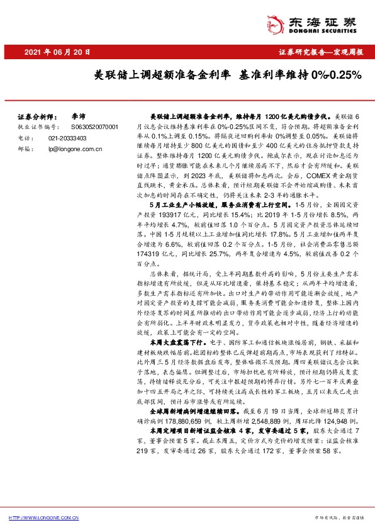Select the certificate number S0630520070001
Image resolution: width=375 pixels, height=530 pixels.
pyautogui.click(x=92, y=127)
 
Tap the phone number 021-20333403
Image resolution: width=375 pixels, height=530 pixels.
pyautogui.click(x=70, y=137)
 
